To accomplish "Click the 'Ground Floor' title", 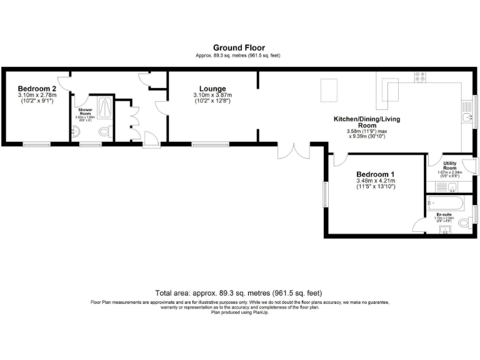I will tap(239, 47).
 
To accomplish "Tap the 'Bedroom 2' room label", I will tap(37, 89).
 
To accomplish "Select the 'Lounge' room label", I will tap(212, 89).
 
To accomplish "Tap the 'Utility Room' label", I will tap(449, 166).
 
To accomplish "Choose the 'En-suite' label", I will tap(444, 215).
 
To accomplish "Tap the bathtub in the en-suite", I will tap(445, 202).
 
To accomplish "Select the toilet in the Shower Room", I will tap(105, 132).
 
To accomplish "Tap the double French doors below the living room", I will tap(292, 152).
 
